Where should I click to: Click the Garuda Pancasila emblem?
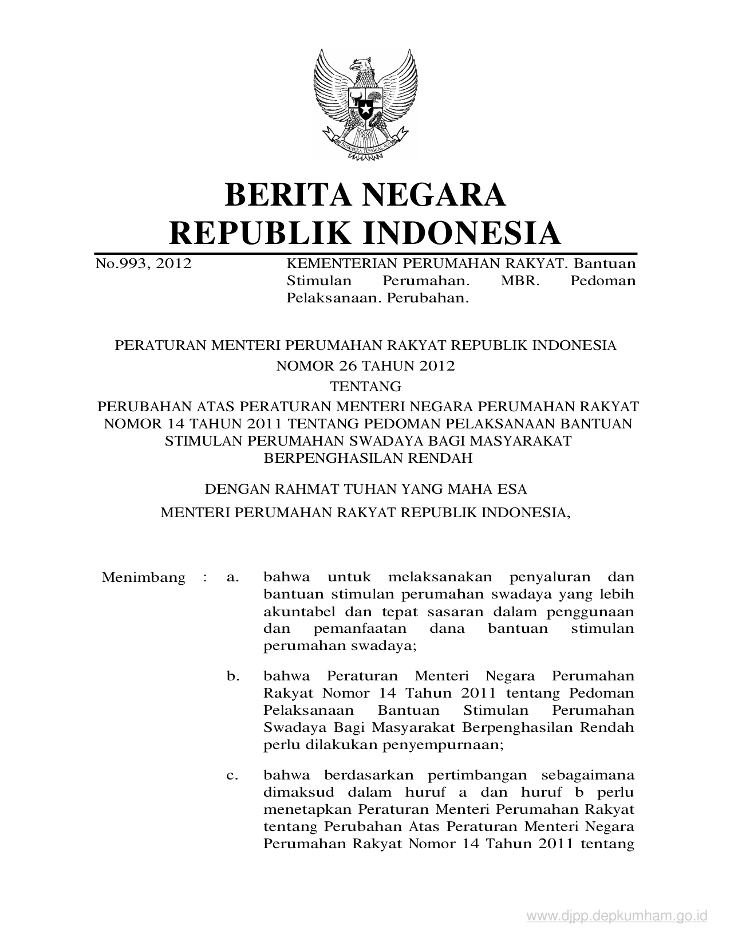pos(365,103)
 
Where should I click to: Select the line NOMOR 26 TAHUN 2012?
pos(365,366)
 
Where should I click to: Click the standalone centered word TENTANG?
pos(365,386)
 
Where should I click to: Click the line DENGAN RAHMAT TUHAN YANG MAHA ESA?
pos(365,490)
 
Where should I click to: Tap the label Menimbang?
pos(143,577)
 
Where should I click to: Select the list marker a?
pos(232,577)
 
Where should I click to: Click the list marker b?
pos(232,676)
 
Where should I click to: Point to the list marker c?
pos(232,776)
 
